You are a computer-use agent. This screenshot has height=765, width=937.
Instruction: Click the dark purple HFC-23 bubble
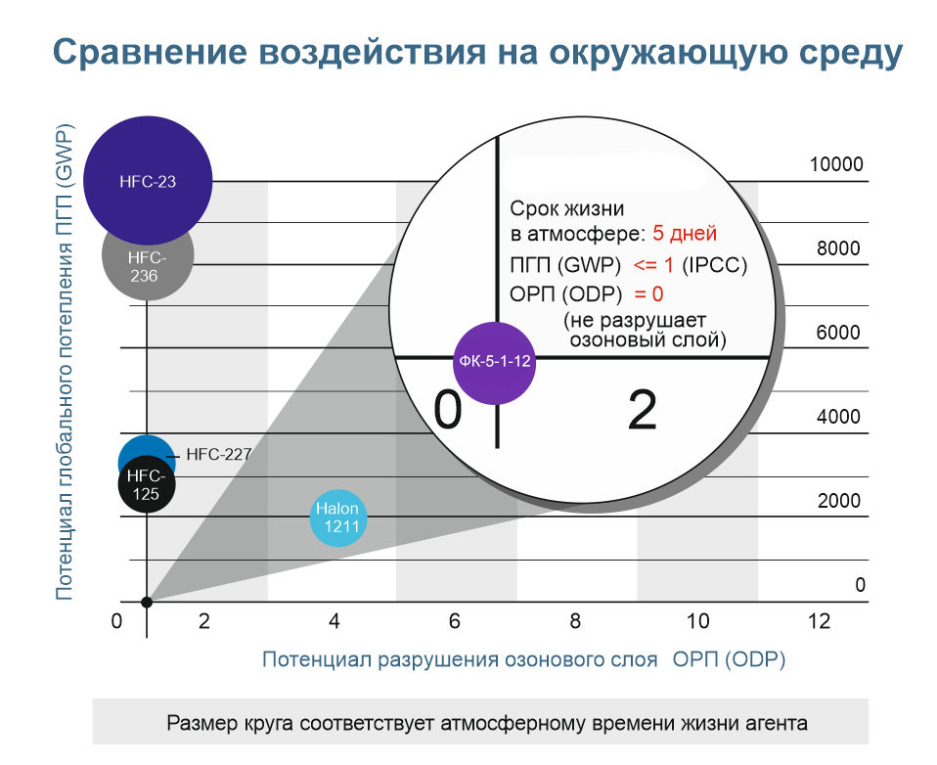pos(148,181)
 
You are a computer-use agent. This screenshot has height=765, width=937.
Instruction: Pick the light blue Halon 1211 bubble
pos(336,517)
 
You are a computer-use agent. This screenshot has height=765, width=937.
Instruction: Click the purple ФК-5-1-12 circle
pos(495,361)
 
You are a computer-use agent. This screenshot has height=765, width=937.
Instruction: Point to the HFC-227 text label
pos(219,454)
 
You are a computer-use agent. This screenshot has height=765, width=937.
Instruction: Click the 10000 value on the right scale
pos(836,164)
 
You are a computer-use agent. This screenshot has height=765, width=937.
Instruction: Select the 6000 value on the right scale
pos(838,333)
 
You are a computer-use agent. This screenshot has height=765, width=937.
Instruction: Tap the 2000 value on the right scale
pos(838,502)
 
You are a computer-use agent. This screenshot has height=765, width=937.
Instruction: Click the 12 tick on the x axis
pos(819,621)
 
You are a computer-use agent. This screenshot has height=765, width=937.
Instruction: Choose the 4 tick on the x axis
pos(335,621)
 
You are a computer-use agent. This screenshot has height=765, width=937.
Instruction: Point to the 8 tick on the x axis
pos(575,621)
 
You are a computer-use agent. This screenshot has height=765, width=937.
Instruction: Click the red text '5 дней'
pos(685,235)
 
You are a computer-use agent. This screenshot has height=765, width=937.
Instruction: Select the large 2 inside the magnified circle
pos(642,412)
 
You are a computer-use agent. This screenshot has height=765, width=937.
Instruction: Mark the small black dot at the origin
pos(147,602)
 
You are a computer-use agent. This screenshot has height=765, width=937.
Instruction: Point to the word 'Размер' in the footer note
pos(198,724)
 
